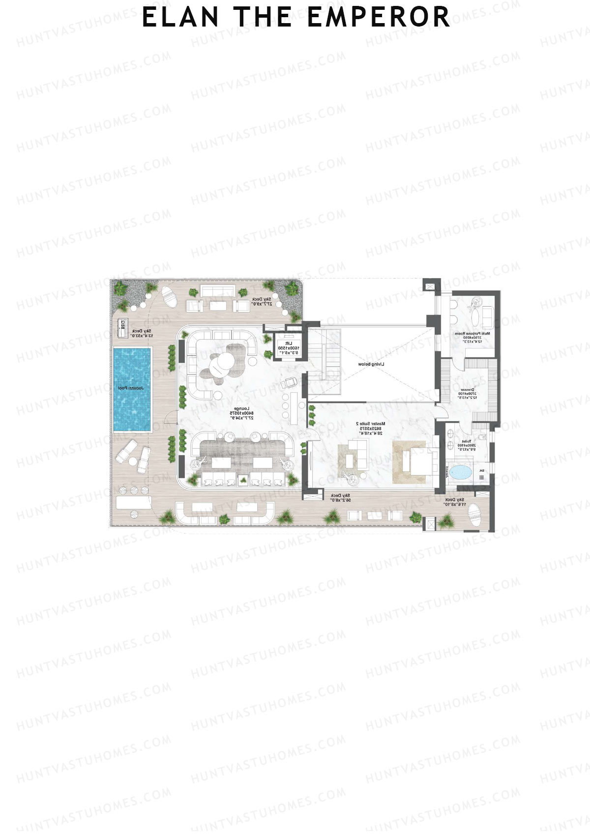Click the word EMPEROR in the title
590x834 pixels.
[x=379, y=17]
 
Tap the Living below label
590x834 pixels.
[x=371, y=364]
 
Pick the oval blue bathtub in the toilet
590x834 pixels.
[x=461, y=473]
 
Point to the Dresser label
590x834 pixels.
[x=467, y=393]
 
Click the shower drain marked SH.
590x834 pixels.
[x=482, y=471]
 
